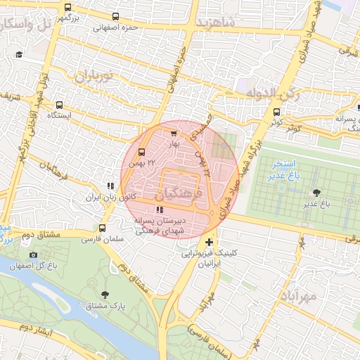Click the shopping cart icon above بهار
[x=174, y=132]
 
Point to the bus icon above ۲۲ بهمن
[x=142, y=152]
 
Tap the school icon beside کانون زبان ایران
[x=110, y=186]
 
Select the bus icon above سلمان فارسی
[x=103, y=228]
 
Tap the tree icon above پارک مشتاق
[x=105, y=295]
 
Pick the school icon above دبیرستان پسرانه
[x=160, y=210]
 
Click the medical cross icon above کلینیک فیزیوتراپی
[x=208, y=243]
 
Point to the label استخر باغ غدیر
[x=283, y=169]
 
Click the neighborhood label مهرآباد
[x=303, y=296]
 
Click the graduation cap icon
[x=19, y=55]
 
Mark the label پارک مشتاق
[x=105, y=307]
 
